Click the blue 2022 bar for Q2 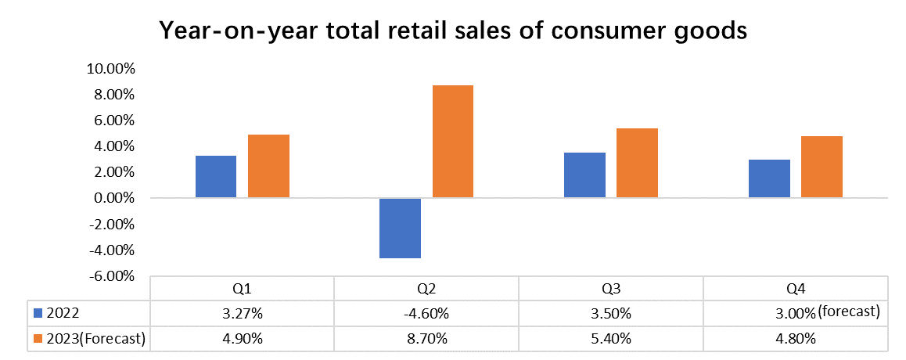click(x=401, y=228)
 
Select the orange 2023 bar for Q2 click(x=453, y=141)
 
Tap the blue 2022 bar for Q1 click(x=216, y=176)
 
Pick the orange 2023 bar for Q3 click(x=637, y=163)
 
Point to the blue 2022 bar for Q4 click(x=770, y=178)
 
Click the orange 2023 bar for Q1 click(x=268, y=166)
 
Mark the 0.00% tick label click(x=113, y=199)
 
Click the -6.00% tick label click(x=112, y=276)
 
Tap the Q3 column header click(x=611, y=289)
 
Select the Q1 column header click(x=242, y=289)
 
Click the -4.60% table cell click(x=426, y=314)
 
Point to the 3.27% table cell click(x=242, y=314)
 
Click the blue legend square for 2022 click(x=38, y=314)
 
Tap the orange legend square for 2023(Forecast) click(x=38, y=339)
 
